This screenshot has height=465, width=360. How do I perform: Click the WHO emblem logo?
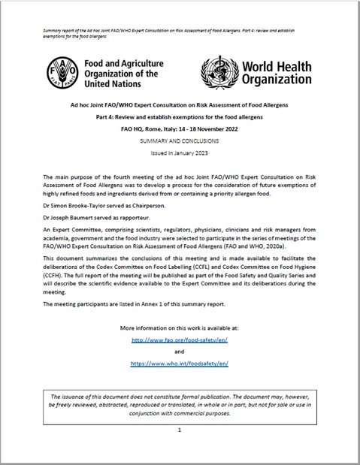pyautogui.click(x=219, y=73)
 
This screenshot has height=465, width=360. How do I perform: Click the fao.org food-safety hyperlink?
pyautogui.click(x=179, y=339)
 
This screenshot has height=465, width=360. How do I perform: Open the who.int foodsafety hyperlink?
pyautogui.click(x=179, y=362)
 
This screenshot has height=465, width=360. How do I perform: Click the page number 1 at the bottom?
pyautogui.click(x=180, y=430)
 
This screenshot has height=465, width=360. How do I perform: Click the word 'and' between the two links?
pyautogui.click(x=179, y=350)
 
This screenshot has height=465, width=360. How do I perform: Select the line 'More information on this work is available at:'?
pyautogui.click(x=179, y=328)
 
